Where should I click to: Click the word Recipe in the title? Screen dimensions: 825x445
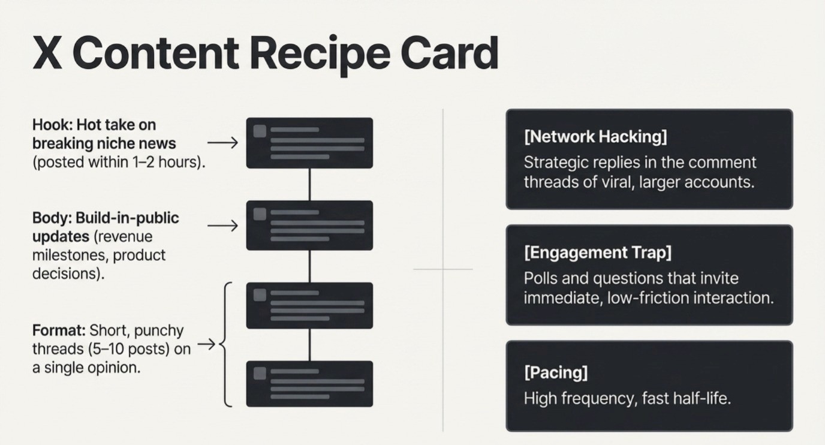click(x=320, y=55)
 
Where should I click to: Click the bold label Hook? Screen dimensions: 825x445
click(x=53, y=125)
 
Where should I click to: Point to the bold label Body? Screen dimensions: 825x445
click(x=52, y=218)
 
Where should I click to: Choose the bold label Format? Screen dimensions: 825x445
click(x=59, y=330)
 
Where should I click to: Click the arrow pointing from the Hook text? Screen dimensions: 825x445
click(x=222, y=143)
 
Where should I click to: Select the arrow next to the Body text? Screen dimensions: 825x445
click(x=222, y=225)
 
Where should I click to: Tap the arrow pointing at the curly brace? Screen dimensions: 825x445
click(x=206, y=344)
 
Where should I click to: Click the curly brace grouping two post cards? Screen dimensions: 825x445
click(x=226, y=344)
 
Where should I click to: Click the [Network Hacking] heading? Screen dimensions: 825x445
click(x=595, y=137)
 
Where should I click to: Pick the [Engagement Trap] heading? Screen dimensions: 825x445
click(x=597, y=252)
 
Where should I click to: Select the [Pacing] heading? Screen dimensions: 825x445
click(x=556, y=372)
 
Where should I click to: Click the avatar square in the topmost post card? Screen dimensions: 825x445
click(x=260, y=131)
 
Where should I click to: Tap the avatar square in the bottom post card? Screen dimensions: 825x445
click(x=260, y=373)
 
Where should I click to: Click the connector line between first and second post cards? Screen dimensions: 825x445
click(x=309, y=185)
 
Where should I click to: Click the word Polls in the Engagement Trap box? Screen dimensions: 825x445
click(x=541, y=278)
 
